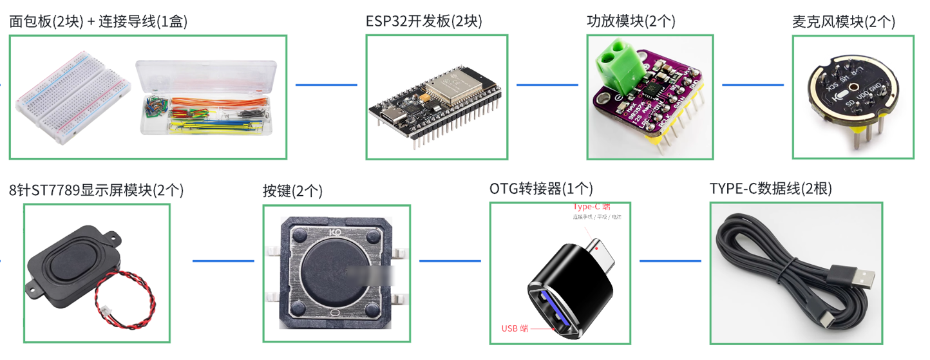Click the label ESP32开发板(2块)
(423, 21)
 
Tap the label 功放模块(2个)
(631, 21)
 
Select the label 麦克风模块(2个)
(843, 21)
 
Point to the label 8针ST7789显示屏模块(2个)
(96, 190)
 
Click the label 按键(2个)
(292, 191)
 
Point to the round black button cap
(334, 270)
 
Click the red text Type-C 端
(591, 207)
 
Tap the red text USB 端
(515, 328)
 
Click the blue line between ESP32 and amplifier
(547, 84)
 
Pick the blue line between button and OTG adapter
(450, 261)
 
